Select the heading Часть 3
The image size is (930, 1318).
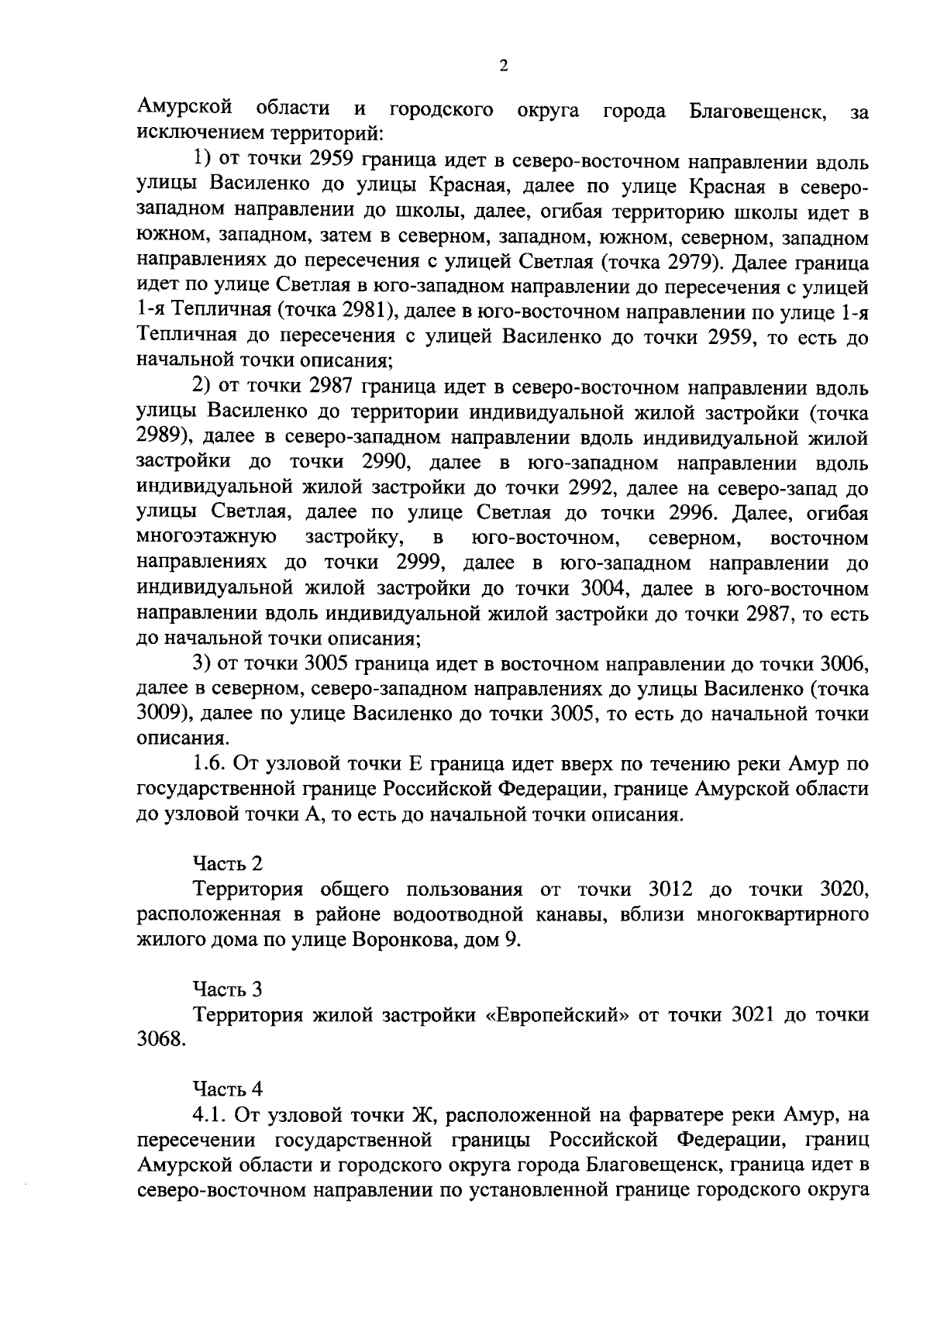click(x=228, y=989)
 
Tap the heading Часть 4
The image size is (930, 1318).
click(x=228, y=1089)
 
